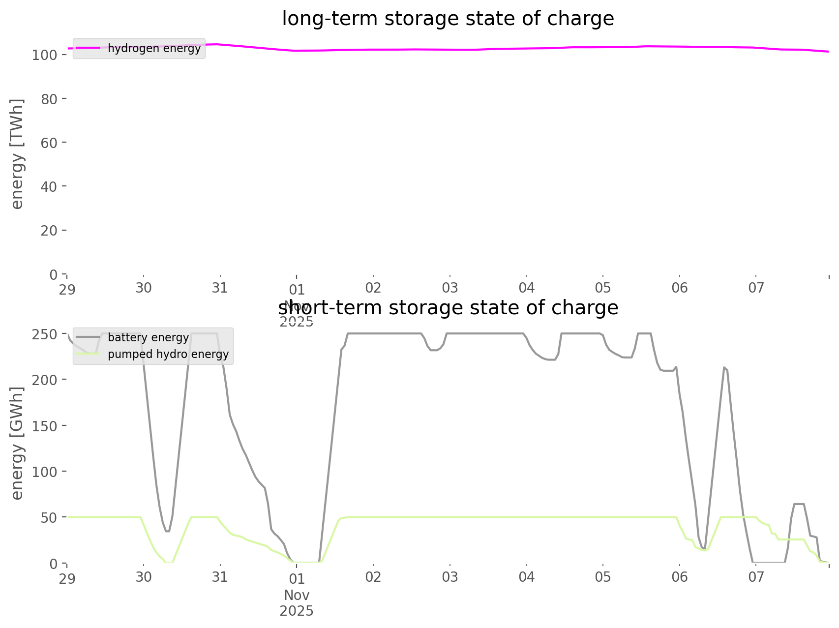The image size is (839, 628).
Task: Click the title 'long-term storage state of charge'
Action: click(448, 19)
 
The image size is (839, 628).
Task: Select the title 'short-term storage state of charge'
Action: click(448, 308)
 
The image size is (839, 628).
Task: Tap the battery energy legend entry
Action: click(148, 337)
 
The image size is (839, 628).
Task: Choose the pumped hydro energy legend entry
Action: click(168, 354)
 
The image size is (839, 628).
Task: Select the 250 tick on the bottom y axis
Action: click(45, 334)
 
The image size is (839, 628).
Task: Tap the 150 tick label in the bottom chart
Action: click(45, 426)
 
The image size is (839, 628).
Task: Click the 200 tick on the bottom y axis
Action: click(45, 380)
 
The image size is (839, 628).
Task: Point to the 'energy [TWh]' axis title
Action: click(17, 154)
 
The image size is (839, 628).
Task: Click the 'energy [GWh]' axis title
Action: click(17, 443)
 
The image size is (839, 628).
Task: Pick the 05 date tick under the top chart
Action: click(603, 288)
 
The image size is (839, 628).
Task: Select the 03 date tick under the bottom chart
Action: click(450, 577)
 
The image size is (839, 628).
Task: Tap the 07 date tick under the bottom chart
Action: click(756, 577)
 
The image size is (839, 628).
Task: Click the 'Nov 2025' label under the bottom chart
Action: click(297, 603)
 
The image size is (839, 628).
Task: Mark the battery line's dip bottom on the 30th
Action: click(167, 531)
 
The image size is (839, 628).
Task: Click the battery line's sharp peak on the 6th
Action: click(724, 367)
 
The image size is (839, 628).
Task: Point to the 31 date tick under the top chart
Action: click(220, 288)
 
